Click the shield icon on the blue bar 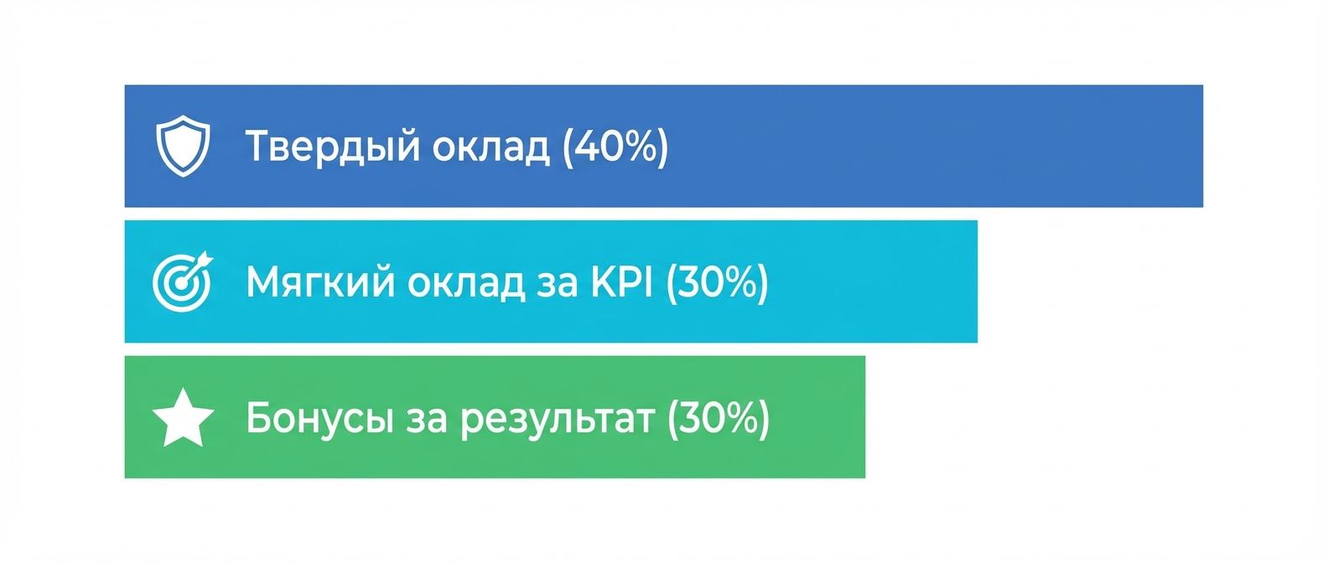point(183,147)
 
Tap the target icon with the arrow point(182,282)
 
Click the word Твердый point(332,147)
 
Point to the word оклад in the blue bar point(491,147)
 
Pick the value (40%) point(615,147)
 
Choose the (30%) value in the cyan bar point(717,282)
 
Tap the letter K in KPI point(602,282)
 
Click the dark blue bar point(922,147)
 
